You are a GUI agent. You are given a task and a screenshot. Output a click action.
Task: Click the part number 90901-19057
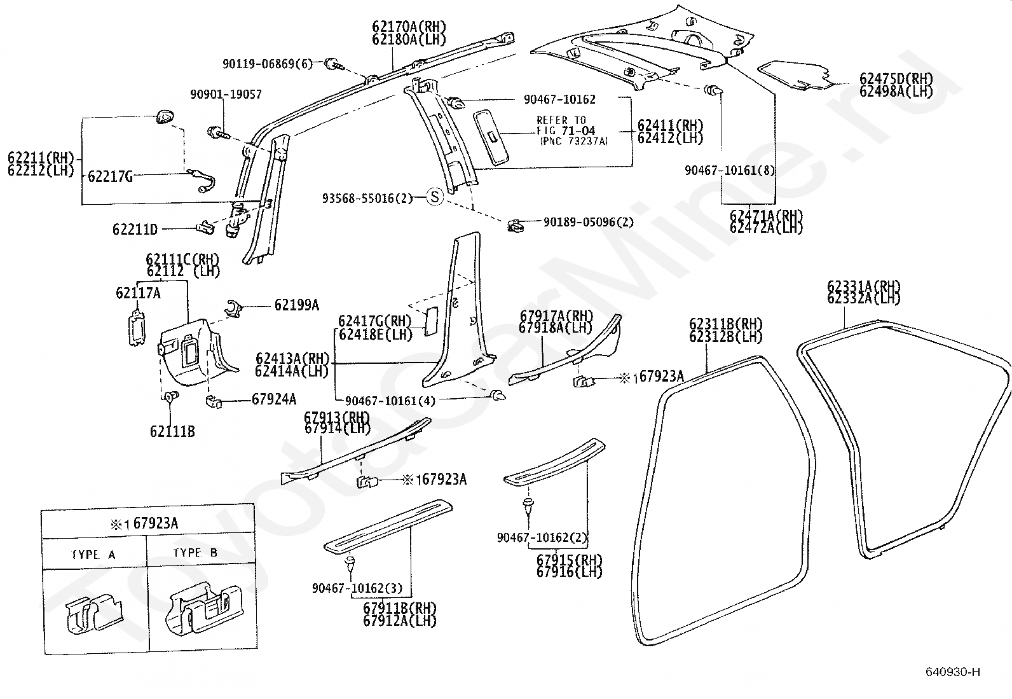(x=226, y=95)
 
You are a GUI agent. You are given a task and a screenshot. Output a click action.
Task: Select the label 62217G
(x=110, y=176)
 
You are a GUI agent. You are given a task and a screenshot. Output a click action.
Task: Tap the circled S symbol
(x=434, y=197)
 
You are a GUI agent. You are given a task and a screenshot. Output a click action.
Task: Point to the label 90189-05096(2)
(x=589, y=222)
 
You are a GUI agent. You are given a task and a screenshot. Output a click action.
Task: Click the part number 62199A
(x=296, y=305)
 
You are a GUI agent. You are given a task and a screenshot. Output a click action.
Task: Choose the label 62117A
(x=138, y=293)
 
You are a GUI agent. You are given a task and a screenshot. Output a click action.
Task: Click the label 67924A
(x=274, y=399)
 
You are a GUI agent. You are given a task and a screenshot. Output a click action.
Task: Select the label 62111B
(x=172, y=431)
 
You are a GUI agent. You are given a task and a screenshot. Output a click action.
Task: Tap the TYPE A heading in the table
(x=94, y=555)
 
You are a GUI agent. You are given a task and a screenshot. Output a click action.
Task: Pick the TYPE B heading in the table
(x=195, y=553)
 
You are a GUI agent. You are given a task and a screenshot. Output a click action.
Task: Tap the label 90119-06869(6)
(x=268, y=64)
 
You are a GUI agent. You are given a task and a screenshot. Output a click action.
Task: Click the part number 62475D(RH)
(x=896, y=79)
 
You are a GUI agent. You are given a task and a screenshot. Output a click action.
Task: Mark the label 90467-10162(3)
(x=361, y=588)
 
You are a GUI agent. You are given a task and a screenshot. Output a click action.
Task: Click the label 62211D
(x=135, y=229)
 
